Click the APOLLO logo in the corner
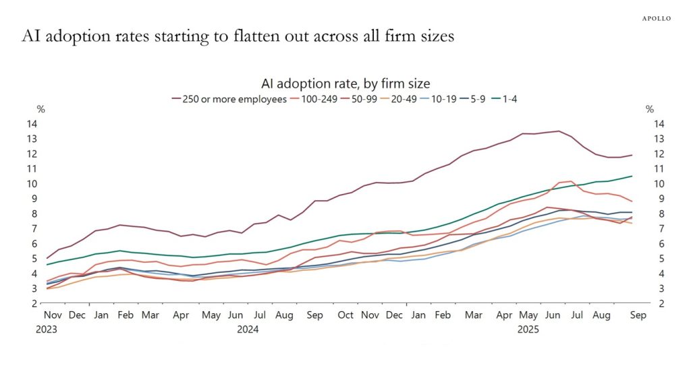coord(655,18)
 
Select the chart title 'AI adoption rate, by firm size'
coord(345,84)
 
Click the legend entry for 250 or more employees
coord(230,98)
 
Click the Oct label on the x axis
coord(345,315)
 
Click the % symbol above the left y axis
coord(41,109)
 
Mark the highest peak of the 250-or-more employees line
coord(558,131)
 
